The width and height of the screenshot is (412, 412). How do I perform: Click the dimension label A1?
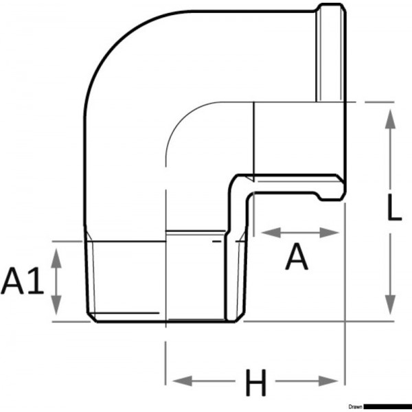click(23, 282)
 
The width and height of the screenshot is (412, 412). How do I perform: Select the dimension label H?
click(256, 382)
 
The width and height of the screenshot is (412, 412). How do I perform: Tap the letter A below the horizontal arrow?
click(297, 259)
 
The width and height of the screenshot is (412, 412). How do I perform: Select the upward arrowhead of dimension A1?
click(58, 254)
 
